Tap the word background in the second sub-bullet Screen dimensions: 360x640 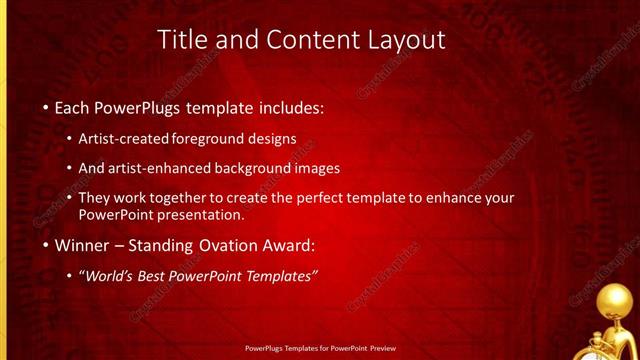(263, 168)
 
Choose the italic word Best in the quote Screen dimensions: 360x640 (167, 277)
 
